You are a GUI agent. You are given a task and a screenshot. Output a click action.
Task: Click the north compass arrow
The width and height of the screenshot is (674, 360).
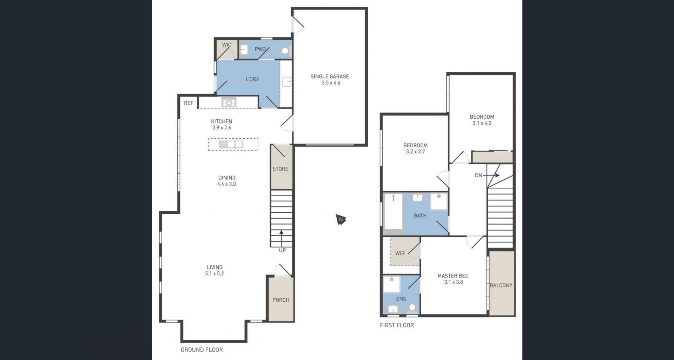tap(341, 220)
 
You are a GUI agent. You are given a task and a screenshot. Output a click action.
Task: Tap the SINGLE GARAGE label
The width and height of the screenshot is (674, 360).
tap(330, 76)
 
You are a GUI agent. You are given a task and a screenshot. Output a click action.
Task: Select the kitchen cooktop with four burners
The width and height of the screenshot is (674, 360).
tap(229, 102)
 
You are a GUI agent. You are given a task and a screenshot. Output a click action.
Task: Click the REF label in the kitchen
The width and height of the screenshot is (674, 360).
tap(189, 103)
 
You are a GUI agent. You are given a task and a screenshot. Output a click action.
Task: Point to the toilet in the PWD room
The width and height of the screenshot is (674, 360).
tap(285, 51)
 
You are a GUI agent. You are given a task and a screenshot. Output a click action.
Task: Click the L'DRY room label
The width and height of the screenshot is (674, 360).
tap(252, 79)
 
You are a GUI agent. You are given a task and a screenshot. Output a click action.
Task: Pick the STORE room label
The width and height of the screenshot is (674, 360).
tap(280, 169)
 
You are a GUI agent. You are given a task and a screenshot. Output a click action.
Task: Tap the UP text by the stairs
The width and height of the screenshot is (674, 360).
tap(282, 250)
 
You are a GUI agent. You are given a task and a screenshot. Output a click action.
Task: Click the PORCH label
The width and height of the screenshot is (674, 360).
tap(281, 300)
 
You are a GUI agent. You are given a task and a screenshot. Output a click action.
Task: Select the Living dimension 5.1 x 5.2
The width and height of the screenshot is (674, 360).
tap(214, 273)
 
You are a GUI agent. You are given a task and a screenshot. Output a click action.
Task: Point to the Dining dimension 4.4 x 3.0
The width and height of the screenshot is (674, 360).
tap(226, 184)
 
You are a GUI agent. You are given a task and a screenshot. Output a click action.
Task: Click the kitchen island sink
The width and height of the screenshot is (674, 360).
tap(231, 144)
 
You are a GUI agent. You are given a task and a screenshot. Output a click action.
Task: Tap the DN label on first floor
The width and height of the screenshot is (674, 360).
tap(478, 175)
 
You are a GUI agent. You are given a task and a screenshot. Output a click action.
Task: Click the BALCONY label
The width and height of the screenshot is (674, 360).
tap(501, 285)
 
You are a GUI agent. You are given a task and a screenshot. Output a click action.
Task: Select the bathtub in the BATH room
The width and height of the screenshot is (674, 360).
tap(394, 212)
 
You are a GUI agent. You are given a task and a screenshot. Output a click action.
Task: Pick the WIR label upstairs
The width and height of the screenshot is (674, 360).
tap(400, 253)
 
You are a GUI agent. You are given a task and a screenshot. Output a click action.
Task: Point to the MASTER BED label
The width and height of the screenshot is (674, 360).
tap(453, 276)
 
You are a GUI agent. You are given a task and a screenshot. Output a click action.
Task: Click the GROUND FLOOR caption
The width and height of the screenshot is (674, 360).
tap(201, 349)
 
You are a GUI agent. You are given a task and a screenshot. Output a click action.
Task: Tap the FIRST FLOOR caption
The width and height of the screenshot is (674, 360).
tap(397, 325)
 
